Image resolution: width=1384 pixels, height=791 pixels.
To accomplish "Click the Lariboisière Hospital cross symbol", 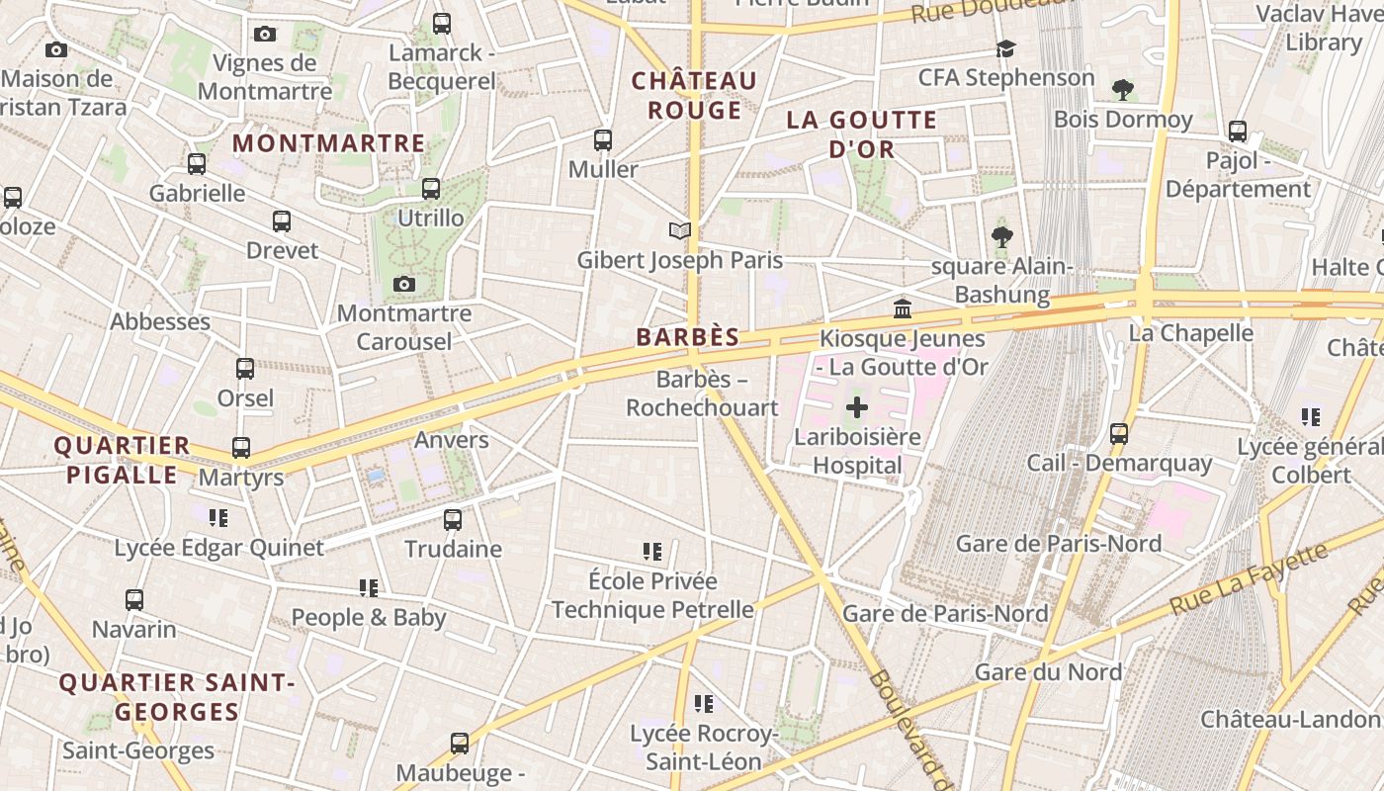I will coord(857,407).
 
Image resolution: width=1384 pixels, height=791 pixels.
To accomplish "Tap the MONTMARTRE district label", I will coord(329,143).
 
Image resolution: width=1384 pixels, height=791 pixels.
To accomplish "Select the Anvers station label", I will coord(452,440).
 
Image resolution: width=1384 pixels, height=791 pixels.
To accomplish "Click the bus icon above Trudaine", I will coord(453,519).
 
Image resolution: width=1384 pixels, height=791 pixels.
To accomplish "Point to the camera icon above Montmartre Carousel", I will coord(403,285).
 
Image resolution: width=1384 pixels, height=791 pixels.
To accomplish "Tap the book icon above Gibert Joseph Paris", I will coord(679,231).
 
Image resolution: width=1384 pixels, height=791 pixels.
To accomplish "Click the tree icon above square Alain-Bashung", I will coord(1002,237).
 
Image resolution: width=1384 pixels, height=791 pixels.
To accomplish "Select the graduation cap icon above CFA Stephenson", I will coord(1005,48).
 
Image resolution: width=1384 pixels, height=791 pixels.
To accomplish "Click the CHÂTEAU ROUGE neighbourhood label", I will coord(694,95).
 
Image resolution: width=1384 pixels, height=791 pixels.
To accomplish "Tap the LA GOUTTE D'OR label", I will coord(861,134).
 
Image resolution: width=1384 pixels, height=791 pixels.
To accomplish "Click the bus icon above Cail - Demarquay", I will coord(1119,434).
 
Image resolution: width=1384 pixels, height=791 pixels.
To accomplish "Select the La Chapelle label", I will coord(1190,333).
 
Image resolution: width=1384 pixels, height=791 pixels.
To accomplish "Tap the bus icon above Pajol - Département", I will coord(1237,132).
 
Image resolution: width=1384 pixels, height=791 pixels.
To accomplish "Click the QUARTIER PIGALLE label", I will coord(123,460).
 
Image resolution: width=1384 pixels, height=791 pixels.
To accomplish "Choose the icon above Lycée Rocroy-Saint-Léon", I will coord(704,704).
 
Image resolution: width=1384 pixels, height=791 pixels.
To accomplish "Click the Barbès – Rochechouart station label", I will coord(702,394).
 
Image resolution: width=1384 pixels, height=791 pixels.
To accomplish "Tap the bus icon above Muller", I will coord(603,140).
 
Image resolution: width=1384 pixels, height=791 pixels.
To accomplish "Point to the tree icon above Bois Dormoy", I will coord(1122,90).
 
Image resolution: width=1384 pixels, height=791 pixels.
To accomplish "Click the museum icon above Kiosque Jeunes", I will coord(903,309).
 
